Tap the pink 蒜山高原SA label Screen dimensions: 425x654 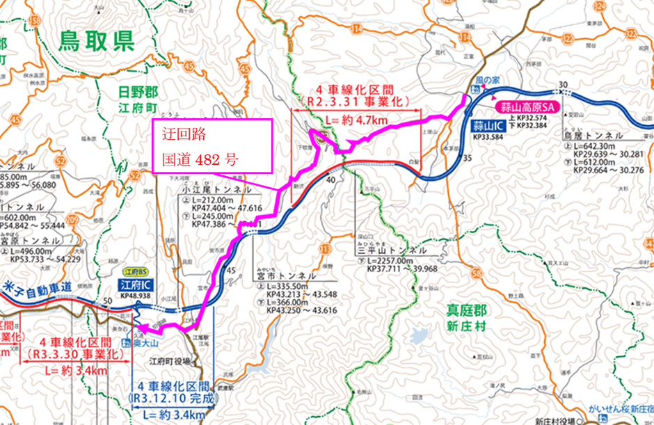tap(528, 108)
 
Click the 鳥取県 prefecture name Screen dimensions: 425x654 tap(96, 42)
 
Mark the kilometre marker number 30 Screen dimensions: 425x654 tap(563, 84)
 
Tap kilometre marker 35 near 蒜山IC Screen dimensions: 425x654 tap(467, 159)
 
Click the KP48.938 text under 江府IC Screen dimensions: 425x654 tap(136, 296)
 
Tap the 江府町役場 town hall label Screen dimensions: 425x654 tap(170, 362)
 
